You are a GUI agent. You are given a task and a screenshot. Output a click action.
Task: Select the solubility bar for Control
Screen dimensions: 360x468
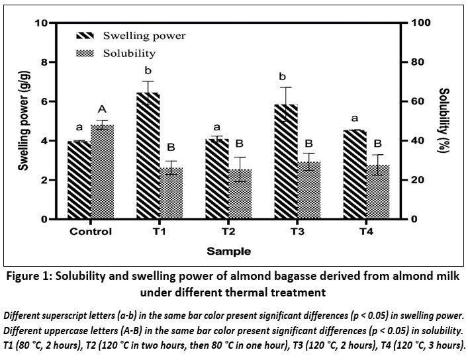[103, 172]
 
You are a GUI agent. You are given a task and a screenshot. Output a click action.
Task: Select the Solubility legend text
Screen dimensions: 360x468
[129, 52]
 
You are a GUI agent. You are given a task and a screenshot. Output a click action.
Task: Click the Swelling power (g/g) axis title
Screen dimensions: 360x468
[23, 121]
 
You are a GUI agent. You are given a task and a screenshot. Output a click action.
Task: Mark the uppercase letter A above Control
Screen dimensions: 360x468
[103, 109]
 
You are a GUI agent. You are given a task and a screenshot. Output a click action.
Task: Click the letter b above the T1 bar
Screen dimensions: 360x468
[148, 71]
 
